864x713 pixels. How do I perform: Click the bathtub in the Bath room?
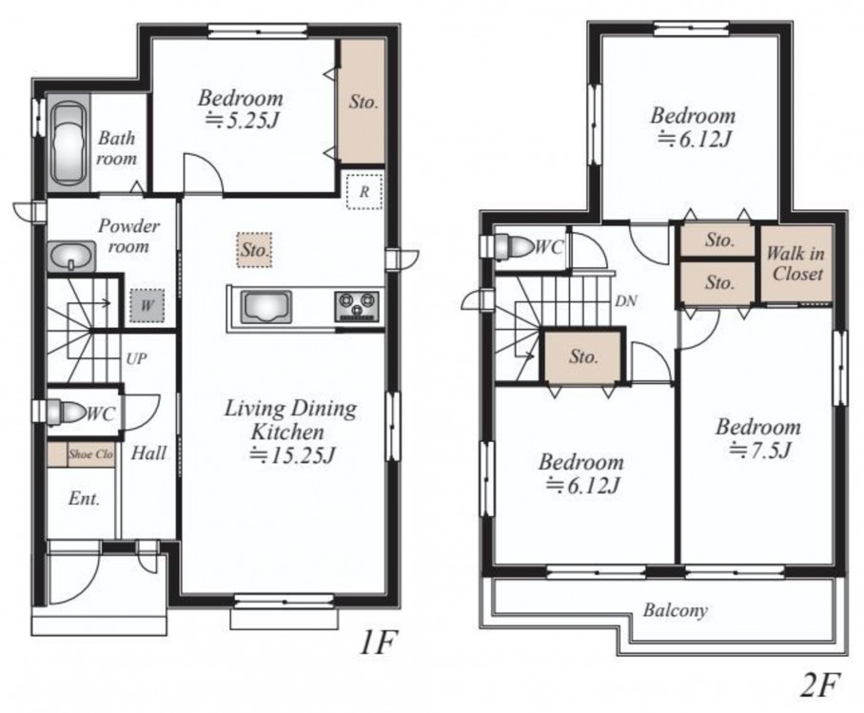coord(69,144)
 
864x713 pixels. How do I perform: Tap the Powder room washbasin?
coord(71,256)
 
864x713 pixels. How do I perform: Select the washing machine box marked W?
coord(147,305)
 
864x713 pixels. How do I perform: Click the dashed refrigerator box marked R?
coord(364,191)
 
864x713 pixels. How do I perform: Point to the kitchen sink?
coord(266,307)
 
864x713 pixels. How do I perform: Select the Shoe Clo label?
coord(90,454)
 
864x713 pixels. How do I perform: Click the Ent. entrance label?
coord(84,499)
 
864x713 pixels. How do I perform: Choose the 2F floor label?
coord(819,684)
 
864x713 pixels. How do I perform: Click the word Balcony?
coord(675,610)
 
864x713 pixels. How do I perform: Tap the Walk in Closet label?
coord(796,263)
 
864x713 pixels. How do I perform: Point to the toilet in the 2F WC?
coord(511,246)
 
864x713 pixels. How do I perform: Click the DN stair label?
coord(626,301)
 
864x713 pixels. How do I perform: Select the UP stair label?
coord(136,359)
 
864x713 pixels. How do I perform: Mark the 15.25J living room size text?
coord(292,455)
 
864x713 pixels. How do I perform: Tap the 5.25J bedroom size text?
coord(240,120)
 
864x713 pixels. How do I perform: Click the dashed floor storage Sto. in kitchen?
coord(255,250)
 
